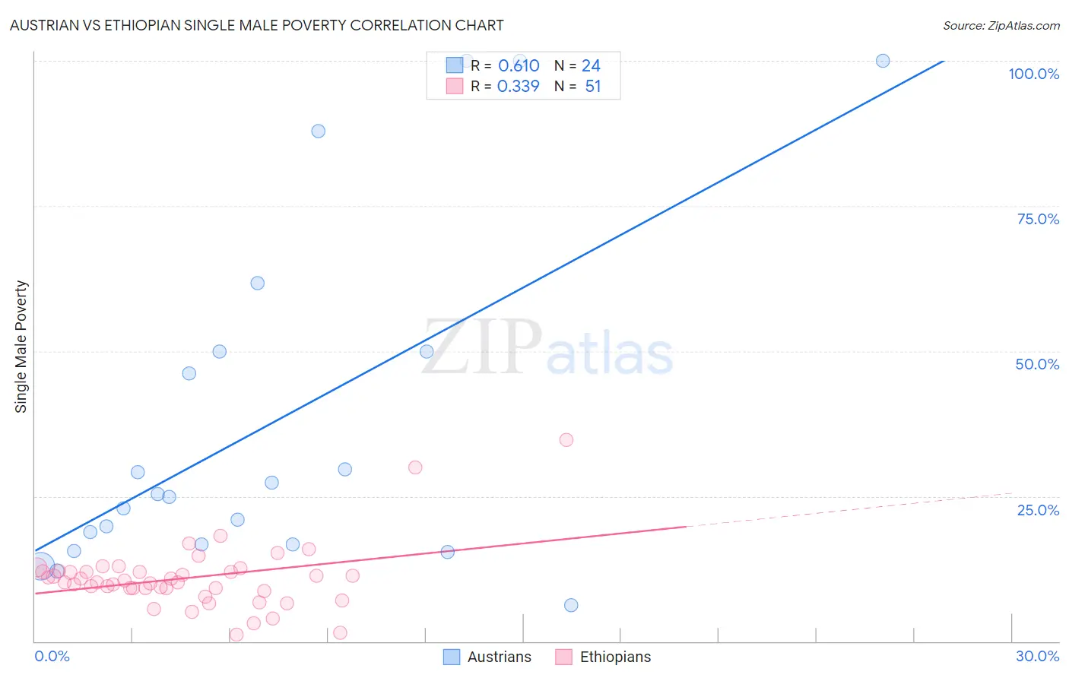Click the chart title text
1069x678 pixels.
(256, 25)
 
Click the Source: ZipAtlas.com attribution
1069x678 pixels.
(1001, 25)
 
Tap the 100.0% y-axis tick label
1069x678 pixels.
(1033, 74)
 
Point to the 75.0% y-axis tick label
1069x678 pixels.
(1038, 219)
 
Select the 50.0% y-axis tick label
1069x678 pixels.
(1037, 364)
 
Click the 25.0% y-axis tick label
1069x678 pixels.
(1038, 510)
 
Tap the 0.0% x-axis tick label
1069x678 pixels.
(52, 656)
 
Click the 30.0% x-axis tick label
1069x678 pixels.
(1037, 656)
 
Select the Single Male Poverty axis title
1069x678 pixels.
(21, 347)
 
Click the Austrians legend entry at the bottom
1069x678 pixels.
(487, 657)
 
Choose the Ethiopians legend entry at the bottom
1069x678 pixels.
(603, 657)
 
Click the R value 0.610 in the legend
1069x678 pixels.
(519, 66)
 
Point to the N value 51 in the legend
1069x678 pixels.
(593, 87)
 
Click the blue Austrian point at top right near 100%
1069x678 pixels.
(883, 61)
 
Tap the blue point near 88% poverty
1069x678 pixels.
(319, 131)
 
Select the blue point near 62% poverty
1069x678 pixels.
(258, 283)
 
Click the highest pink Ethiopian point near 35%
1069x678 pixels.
(566, 439)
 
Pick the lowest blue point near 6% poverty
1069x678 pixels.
(571, 605)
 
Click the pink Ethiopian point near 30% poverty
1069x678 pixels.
(415, 467)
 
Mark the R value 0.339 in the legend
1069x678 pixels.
(518, 87)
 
